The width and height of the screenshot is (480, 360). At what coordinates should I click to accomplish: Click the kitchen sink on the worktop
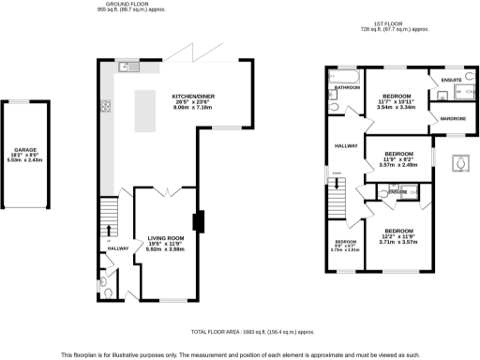pos(128,67)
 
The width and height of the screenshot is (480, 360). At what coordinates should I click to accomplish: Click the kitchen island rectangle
pos(145,110)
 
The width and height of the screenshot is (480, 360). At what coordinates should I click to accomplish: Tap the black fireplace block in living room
pos(198,222)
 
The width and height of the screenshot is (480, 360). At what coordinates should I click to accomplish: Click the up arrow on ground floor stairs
pos(109,229)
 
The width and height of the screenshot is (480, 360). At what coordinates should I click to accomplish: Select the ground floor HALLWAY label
pos(117,248)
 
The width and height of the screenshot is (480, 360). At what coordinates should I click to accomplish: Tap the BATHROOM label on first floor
pos(347,87)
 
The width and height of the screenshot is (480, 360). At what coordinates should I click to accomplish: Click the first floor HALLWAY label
pos(347,145)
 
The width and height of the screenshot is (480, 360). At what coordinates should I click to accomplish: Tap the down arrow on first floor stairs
pos(336,188)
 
